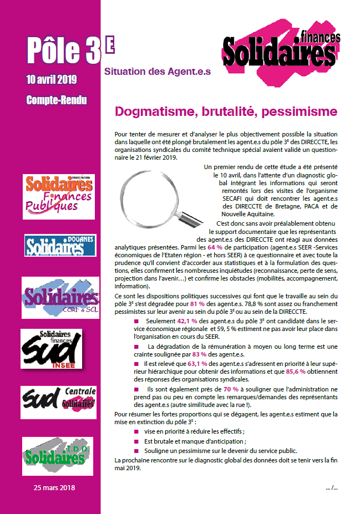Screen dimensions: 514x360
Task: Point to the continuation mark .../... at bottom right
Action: click(332, 487)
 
